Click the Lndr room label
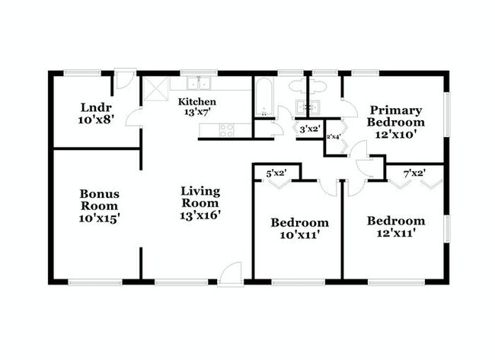(x=96, y=107)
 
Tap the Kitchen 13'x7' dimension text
(x=198, y=113)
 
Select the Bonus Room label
(x=99, y=199)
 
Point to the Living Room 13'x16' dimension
(x=200, y=215)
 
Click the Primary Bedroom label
(x=396, y=116)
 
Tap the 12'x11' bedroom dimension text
(x=395, y=234)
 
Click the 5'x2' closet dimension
(x=276, y=174)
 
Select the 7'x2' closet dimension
(x=415, y=174)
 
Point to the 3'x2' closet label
(x=310, y=129)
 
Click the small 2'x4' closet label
(x=334, y=137)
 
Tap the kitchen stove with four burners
(x=227, y=130)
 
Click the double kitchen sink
(x=199, y=83)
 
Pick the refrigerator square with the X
(x=155, y=89)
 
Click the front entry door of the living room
(x=231, y=274)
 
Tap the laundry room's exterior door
(x=125, y=78)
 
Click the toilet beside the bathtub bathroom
(x=297, y=86)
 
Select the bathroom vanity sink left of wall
(x=301, y=107)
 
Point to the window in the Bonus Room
(x=95, y=282)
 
